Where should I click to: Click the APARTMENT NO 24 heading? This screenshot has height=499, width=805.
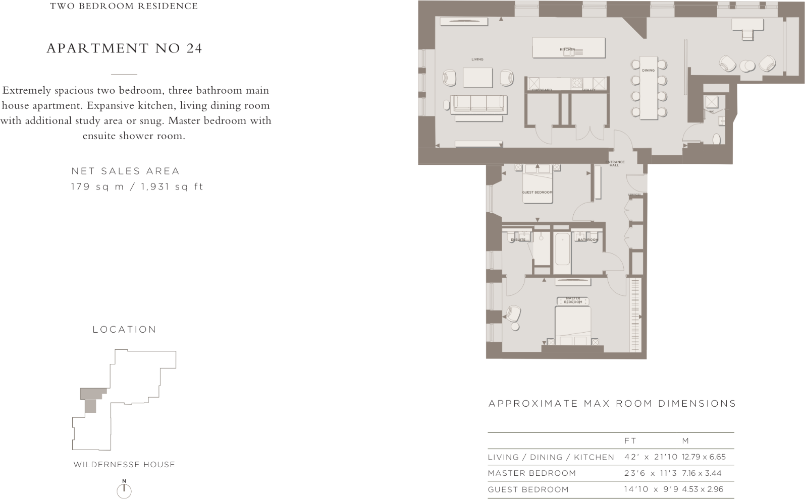(124, 48)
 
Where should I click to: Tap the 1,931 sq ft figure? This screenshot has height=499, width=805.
(172, 186)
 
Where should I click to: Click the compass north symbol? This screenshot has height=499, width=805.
(124, 490)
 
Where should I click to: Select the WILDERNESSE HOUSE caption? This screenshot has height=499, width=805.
(124, 465)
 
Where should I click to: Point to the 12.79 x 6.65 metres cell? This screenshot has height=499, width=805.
(704, 457)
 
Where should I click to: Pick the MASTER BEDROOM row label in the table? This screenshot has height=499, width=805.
(531, 473)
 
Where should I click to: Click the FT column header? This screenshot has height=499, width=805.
(630, 441)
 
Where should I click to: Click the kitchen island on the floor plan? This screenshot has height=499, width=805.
(568, 48)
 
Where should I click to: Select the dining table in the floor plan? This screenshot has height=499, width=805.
(649, 88)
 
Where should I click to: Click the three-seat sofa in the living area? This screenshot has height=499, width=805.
(478, 104)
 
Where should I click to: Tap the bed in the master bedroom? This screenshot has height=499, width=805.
(573, 325)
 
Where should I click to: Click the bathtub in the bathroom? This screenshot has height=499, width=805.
(562, 248)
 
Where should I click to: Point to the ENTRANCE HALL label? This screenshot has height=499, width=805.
(614, 164)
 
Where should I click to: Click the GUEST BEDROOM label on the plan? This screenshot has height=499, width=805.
(537, 192)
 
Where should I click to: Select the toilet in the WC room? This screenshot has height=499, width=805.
(717, 139)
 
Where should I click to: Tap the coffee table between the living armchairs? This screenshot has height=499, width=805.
(478, 78)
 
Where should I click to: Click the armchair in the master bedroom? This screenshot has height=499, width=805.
(514, 314)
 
